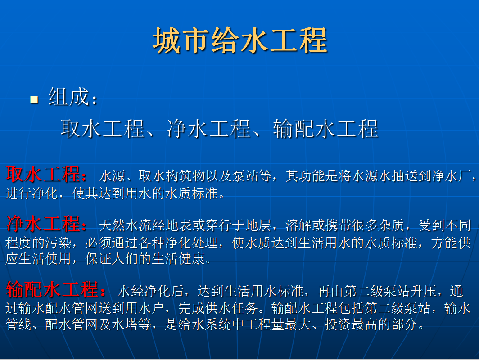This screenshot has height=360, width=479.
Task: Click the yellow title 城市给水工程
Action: pos(240,40)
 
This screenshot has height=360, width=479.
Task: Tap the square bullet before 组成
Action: pos(34,99)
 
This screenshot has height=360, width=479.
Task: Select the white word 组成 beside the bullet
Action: pos(69,97)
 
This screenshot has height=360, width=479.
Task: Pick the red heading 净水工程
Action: pos(43,224)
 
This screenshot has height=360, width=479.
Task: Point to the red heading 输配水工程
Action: pos(52,289)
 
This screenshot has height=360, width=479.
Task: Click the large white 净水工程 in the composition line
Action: pos(208,129)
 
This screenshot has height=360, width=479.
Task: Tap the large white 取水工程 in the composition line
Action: pos(102,129)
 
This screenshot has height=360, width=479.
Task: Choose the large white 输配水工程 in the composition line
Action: pos(325,129)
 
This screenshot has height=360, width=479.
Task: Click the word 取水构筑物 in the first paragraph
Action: pos(172,176)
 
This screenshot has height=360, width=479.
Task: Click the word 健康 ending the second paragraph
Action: pos(191,259)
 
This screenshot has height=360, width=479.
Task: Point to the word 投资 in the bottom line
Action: pos(338,324)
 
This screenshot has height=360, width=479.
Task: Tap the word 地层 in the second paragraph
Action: pos(258,225)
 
